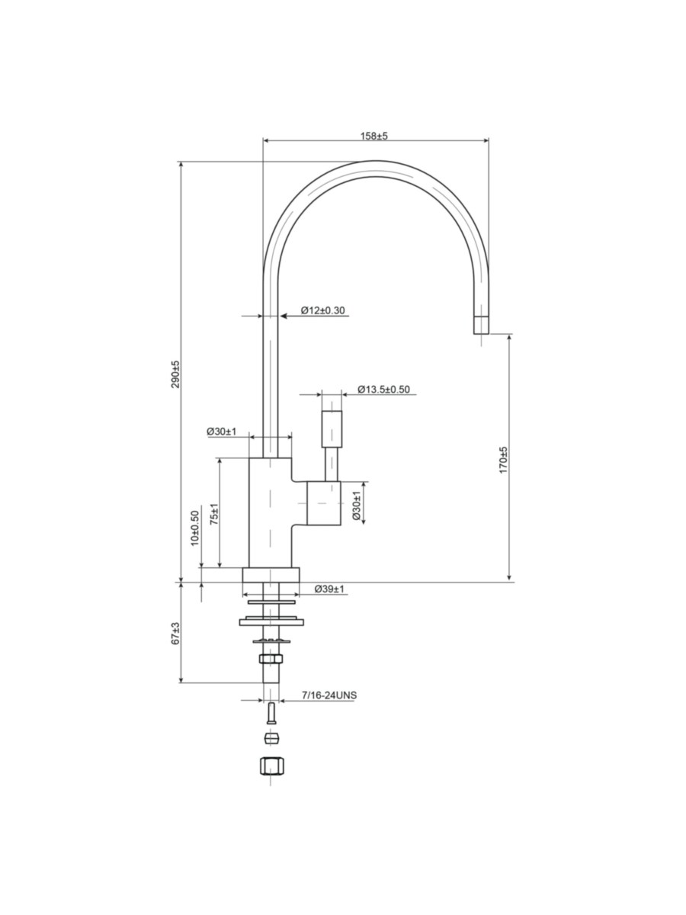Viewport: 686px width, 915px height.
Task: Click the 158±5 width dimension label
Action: coord(373,136)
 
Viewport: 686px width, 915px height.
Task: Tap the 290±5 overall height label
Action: coord(176,374)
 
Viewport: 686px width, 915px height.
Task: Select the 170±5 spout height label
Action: coord(504,460)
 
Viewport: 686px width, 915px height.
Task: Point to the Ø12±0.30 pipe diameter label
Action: coord(323,310)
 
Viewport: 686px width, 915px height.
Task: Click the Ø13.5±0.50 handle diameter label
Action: coord(383,390)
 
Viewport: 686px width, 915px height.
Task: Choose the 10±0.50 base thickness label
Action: coord(194,528)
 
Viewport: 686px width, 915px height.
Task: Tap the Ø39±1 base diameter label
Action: coord(329,589)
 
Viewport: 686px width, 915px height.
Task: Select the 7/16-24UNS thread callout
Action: coord(329,695)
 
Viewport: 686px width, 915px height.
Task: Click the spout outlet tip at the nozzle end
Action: coord(481,325)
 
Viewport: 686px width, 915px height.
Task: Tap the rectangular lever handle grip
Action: coord(332,429)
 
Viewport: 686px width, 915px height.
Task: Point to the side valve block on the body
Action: coord(324,502)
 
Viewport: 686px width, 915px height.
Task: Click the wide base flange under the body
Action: coord(271,574)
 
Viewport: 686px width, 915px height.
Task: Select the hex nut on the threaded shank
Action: coord(271,659)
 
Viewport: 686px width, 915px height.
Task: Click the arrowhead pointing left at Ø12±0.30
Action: coord(284,316)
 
